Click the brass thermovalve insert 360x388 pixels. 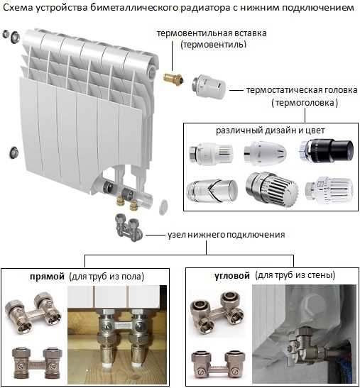click(174, 79)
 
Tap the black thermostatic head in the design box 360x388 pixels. click(327, 150)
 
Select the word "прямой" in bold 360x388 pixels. click(47, 276)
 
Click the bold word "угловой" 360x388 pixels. click(232, 276)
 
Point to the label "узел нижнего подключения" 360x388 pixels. click(227, 235)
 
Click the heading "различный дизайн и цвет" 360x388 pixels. click(271, 131)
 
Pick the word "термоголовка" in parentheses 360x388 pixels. click(305, 102)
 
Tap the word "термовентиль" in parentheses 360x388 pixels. click(213, 45)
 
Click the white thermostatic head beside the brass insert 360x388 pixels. click(209, 87)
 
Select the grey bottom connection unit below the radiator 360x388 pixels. click(129, 228)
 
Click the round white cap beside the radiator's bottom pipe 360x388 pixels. click(163, 207)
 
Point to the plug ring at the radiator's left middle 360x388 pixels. click(14, 153)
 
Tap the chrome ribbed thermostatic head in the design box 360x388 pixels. click(272, 189)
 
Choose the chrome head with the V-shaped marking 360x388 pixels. click(212, 190)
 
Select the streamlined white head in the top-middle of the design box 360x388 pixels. click(265, 152)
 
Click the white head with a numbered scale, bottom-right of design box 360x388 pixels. click(329, 189)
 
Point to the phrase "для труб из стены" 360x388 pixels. click(295, 275)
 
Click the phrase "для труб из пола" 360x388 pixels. click(107, 276)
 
